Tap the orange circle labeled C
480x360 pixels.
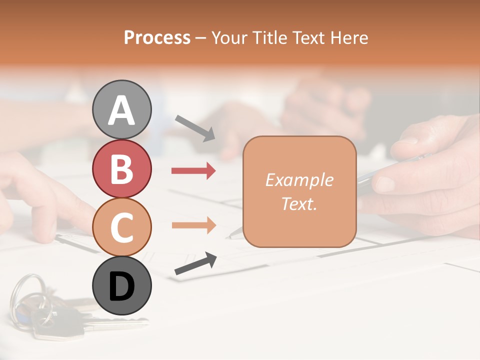122,227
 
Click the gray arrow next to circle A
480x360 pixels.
195,128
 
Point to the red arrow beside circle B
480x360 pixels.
193,171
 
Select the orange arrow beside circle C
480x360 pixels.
193,225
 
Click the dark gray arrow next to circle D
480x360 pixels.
195,263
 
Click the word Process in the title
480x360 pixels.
157,37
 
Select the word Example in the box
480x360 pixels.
299,180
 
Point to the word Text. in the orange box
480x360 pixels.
299,204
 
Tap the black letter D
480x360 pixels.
122,287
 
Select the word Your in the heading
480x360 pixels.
227,37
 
